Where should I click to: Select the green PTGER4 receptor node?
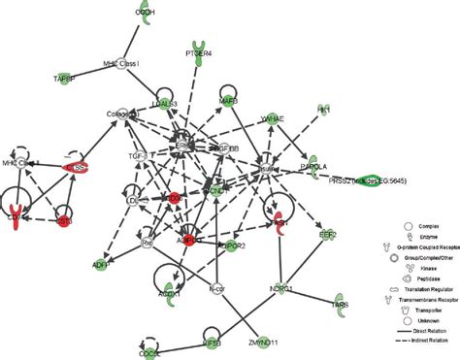pos(200,51)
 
